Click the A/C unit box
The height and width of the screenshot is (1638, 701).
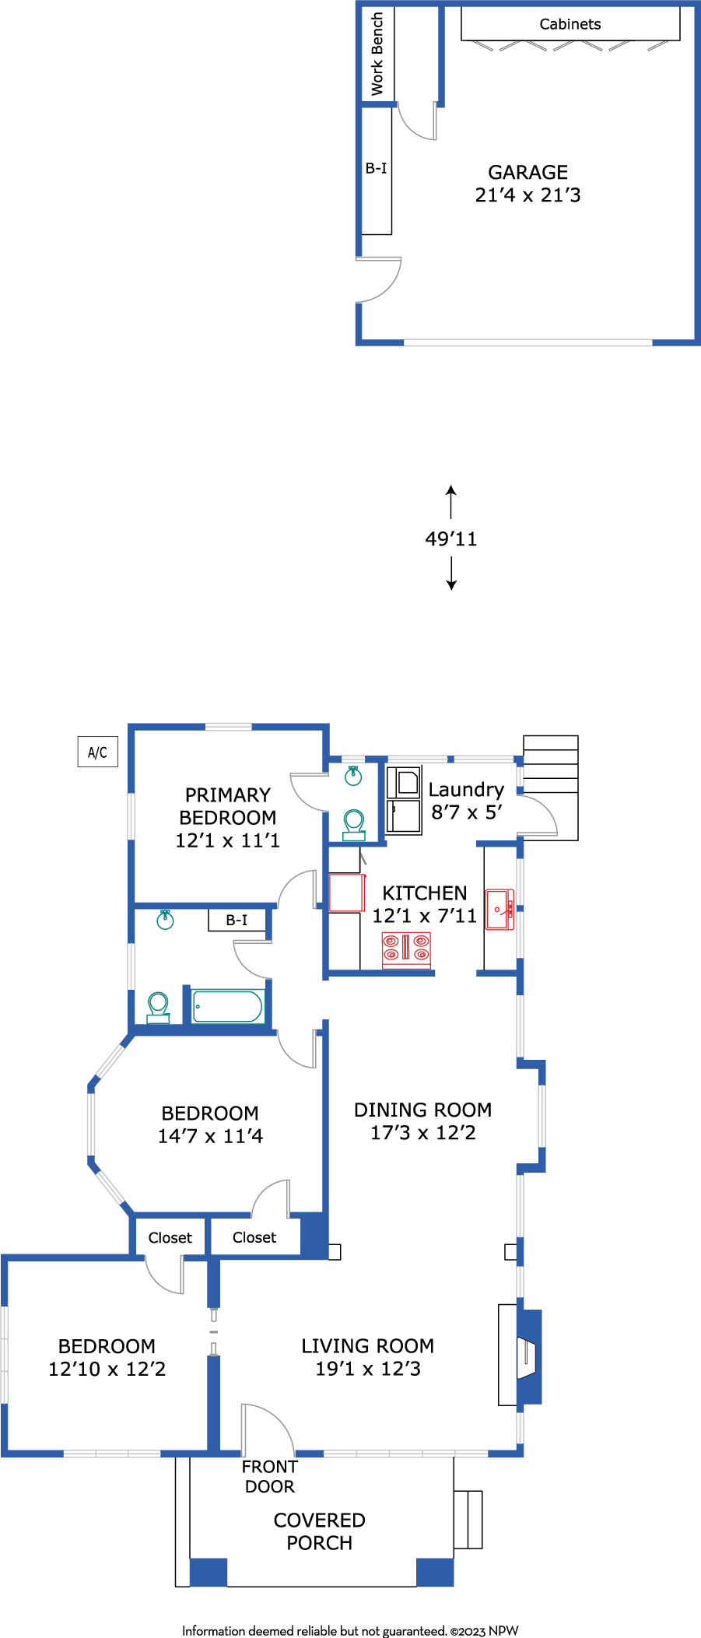(x=98, y=752)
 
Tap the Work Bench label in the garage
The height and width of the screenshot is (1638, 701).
(x=377, y=54)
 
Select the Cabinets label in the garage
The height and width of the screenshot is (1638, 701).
(x=570, y=24)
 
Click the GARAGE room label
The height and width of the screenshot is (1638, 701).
(x=528, y=172)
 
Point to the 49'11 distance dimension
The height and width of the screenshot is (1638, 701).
(x=451, y=538)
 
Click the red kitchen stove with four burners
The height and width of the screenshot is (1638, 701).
(x=406, y=950)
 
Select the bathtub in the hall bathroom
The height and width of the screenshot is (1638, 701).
(x=228, y=1006)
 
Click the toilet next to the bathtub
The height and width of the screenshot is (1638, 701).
(x=159, y=1008)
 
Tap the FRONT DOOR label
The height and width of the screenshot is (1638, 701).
(x=270, y=1476)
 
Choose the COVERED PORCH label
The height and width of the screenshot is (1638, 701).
(x=320, y=1531)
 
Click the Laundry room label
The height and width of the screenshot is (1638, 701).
(x=466, y=790)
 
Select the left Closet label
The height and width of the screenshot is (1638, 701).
(x=170, y=1237)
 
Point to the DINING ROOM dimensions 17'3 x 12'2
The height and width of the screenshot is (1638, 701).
(x=423, y=1132)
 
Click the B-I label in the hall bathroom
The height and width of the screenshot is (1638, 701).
(x=237, y=920)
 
